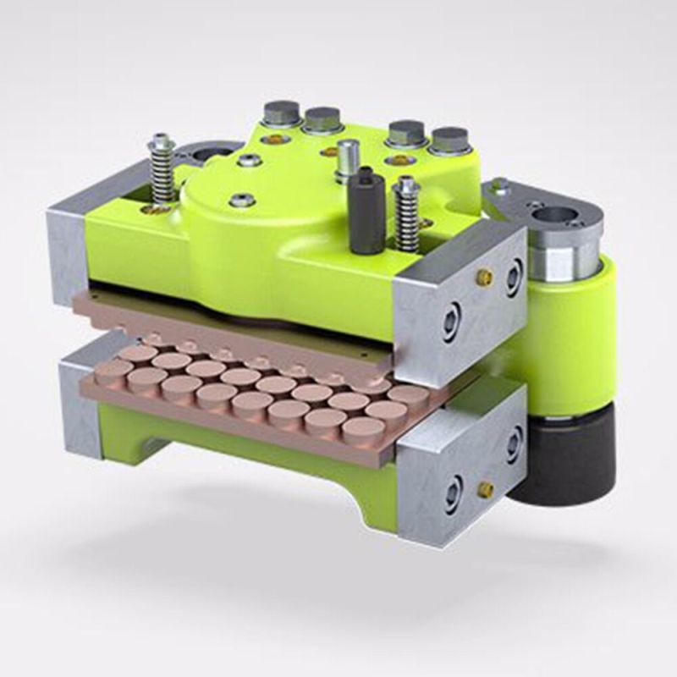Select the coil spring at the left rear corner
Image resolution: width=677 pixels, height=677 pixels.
click(162, 169)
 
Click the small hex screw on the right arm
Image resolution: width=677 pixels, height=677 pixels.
click(500, 184)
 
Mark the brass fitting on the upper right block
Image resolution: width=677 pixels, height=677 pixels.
click(485, 278)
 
